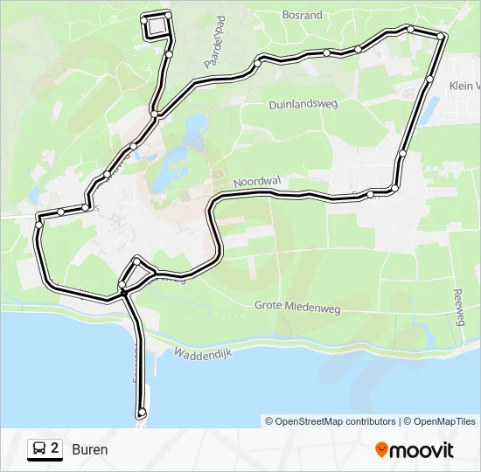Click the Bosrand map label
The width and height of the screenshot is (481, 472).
[x=303, y=15]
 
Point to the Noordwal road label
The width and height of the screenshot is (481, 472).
[x=257, y=181]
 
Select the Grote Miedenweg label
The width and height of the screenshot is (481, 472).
[x=296, y=306]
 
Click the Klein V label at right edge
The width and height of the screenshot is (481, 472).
[x=464, y=86]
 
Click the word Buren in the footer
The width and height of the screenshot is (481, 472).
[x=90, y=450]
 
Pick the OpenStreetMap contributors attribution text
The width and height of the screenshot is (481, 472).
[x=331, y=421]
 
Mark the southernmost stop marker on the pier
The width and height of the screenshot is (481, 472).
[x=142, y=412]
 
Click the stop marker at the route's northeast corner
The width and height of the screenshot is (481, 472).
[x=443, y=36]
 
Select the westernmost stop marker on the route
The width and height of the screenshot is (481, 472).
[x=38, y=225]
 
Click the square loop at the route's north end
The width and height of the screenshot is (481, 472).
[x=156, y=25]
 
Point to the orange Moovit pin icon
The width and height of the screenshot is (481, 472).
[x=381, y=450]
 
